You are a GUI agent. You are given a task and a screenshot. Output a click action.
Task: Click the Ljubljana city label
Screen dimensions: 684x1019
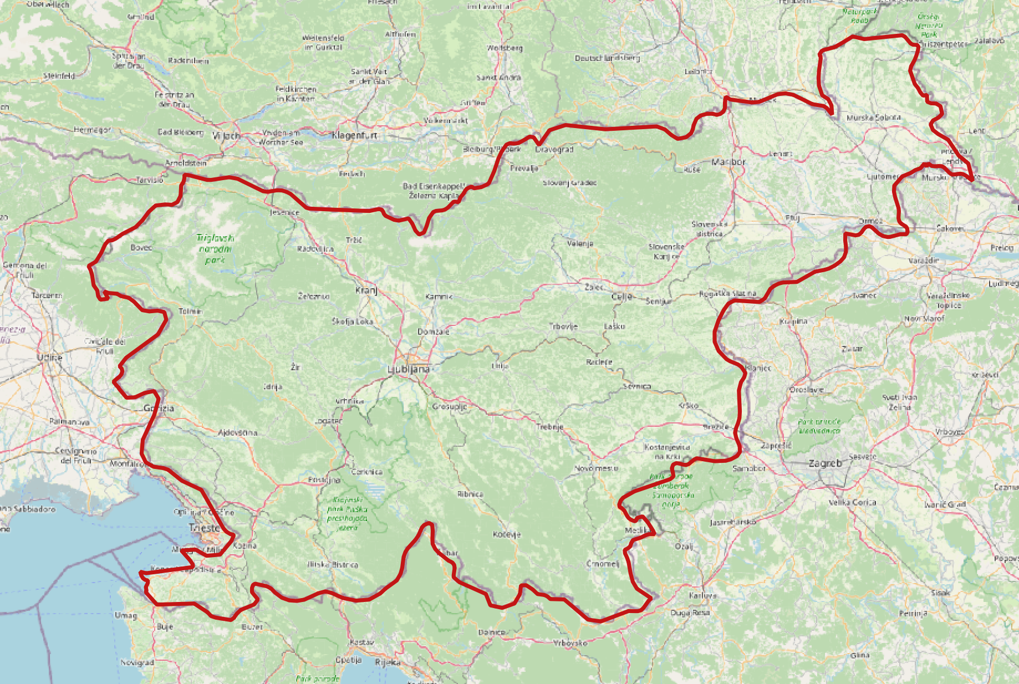click(409, 369)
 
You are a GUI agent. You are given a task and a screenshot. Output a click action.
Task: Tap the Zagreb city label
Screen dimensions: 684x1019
click(825, 463)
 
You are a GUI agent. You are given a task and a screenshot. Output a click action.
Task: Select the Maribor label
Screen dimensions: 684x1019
click(728, 162)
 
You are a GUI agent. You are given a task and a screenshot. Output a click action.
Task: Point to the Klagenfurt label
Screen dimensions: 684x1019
click(354, 135)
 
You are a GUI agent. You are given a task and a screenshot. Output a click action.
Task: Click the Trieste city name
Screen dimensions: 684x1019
click(205, 528)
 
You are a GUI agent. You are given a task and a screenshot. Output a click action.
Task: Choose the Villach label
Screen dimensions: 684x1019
click(226, 136)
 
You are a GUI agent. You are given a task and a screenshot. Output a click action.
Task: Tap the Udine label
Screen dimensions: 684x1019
click(49, 358)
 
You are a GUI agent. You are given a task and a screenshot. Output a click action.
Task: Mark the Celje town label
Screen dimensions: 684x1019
click(621, 297)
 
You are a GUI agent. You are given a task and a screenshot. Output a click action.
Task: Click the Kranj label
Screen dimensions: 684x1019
click(366, 290)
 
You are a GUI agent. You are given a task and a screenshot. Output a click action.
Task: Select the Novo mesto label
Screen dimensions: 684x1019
click(596, 468)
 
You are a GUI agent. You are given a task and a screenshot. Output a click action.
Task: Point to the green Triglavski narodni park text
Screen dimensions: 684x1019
click(215, 248)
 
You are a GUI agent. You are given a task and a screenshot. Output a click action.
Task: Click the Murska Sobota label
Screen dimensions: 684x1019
click(873, 118)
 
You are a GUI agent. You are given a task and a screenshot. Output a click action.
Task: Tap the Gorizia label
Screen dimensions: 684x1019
click(159, 409)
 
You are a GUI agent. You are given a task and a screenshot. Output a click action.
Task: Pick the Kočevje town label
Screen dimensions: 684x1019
click(507, 534)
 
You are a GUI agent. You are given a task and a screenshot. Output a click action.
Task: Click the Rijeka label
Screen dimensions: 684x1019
click(388, 662)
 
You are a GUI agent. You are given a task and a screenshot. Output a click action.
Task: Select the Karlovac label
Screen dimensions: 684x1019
click(702, 595)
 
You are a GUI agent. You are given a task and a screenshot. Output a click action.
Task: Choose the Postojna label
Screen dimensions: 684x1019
click(324, 479)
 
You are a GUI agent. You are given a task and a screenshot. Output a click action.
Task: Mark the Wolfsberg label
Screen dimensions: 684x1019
click(505, 48)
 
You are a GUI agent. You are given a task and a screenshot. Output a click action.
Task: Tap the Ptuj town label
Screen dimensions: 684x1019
click(792, 218)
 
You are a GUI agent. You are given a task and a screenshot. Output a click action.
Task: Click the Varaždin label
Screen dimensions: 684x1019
click(924, 261)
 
